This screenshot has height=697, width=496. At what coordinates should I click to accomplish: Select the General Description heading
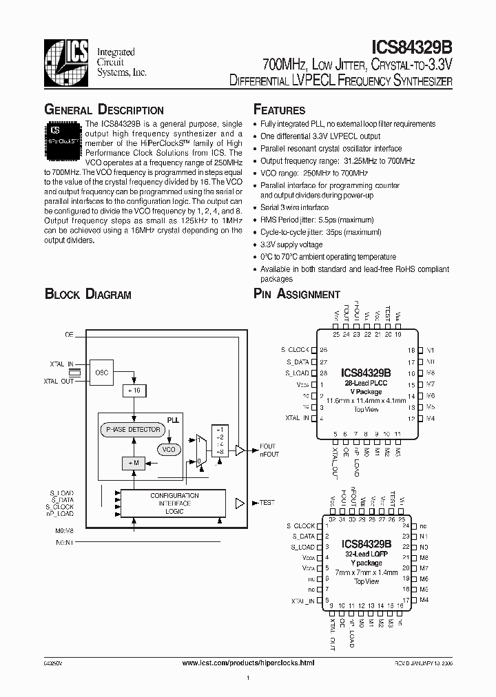[x=104, y=110]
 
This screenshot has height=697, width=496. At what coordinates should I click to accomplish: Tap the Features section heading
[x=279, y=110]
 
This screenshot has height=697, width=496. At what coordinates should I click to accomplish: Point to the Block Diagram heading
[x=87, y=295]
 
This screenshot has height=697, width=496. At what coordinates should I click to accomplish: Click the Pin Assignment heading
[x=297, y=295]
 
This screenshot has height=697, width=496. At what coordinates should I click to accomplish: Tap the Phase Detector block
[x=133, y=430]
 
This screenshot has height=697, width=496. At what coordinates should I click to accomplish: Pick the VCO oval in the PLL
[x=167, y=449]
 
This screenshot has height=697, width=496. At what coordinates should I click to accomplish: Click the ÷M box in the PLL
[x=133, y=463]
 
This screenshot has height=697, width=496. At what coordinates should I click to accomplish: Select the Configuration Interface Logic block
[x=174, y=503]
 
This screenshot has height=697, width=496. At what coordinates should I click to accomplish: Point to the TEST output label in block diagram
[x=266, y=503]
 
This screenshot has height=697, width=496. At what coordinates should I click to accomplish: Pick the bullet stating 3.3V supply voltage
[x=291, y=245]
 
